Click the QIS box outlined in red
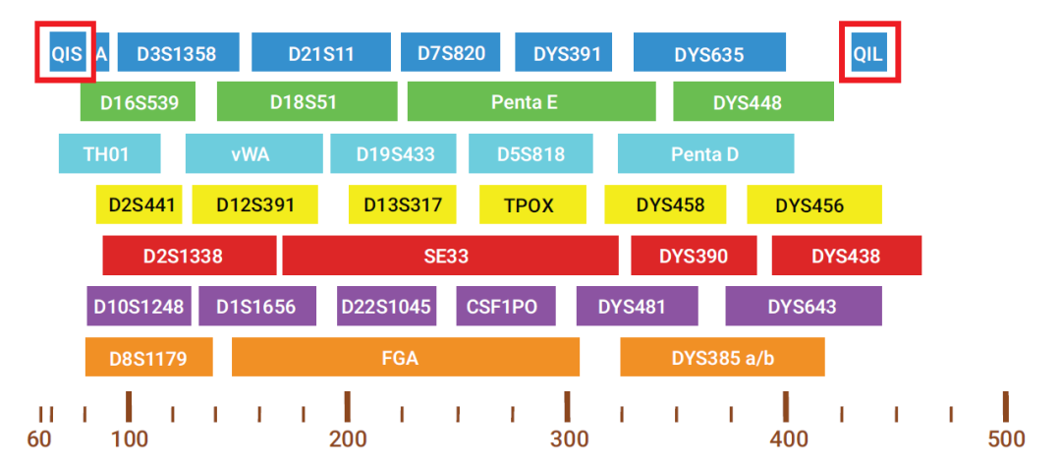pyautogui.click(x=69, y=52)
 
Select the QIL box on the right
pyautogui.click(x=868, y=52)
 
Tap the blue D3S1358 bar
pyautogui.click(x=178, y=52)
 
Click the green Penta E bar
pyautogui.click(x=531, y=101)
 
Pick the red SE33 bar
pyautogui.click(x=451, y=256)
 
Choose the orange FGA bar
pyautogui.click(x=406, y=358)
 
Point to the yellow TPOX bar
pyautogui.click(x=529, y=204)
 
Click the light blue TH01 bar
pyautogui.click(x=110, y=153)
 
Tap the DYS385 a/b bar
pyautogui.click(x=723, y=358)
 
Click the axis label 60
pyautogui.click(x=39, y=439)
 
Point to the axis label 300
pyautogui.click(x=567, y=439)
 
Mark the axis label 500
pyautogui.click(x=1006, y=439)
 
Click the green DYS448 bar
pyautogui.click(x=754, y=101)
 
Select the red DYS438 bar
pyautogui.click(x=847, y=256)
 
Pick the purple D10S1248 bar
pyautogui.click(x=139, y=306)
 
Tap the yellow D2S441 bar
pyautogui.click(x=139, y=204)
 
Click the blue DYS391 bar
pyautogui.click(x=564, y=52)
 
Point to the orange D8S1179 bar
pyautogui.click(x=149, y=358)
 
